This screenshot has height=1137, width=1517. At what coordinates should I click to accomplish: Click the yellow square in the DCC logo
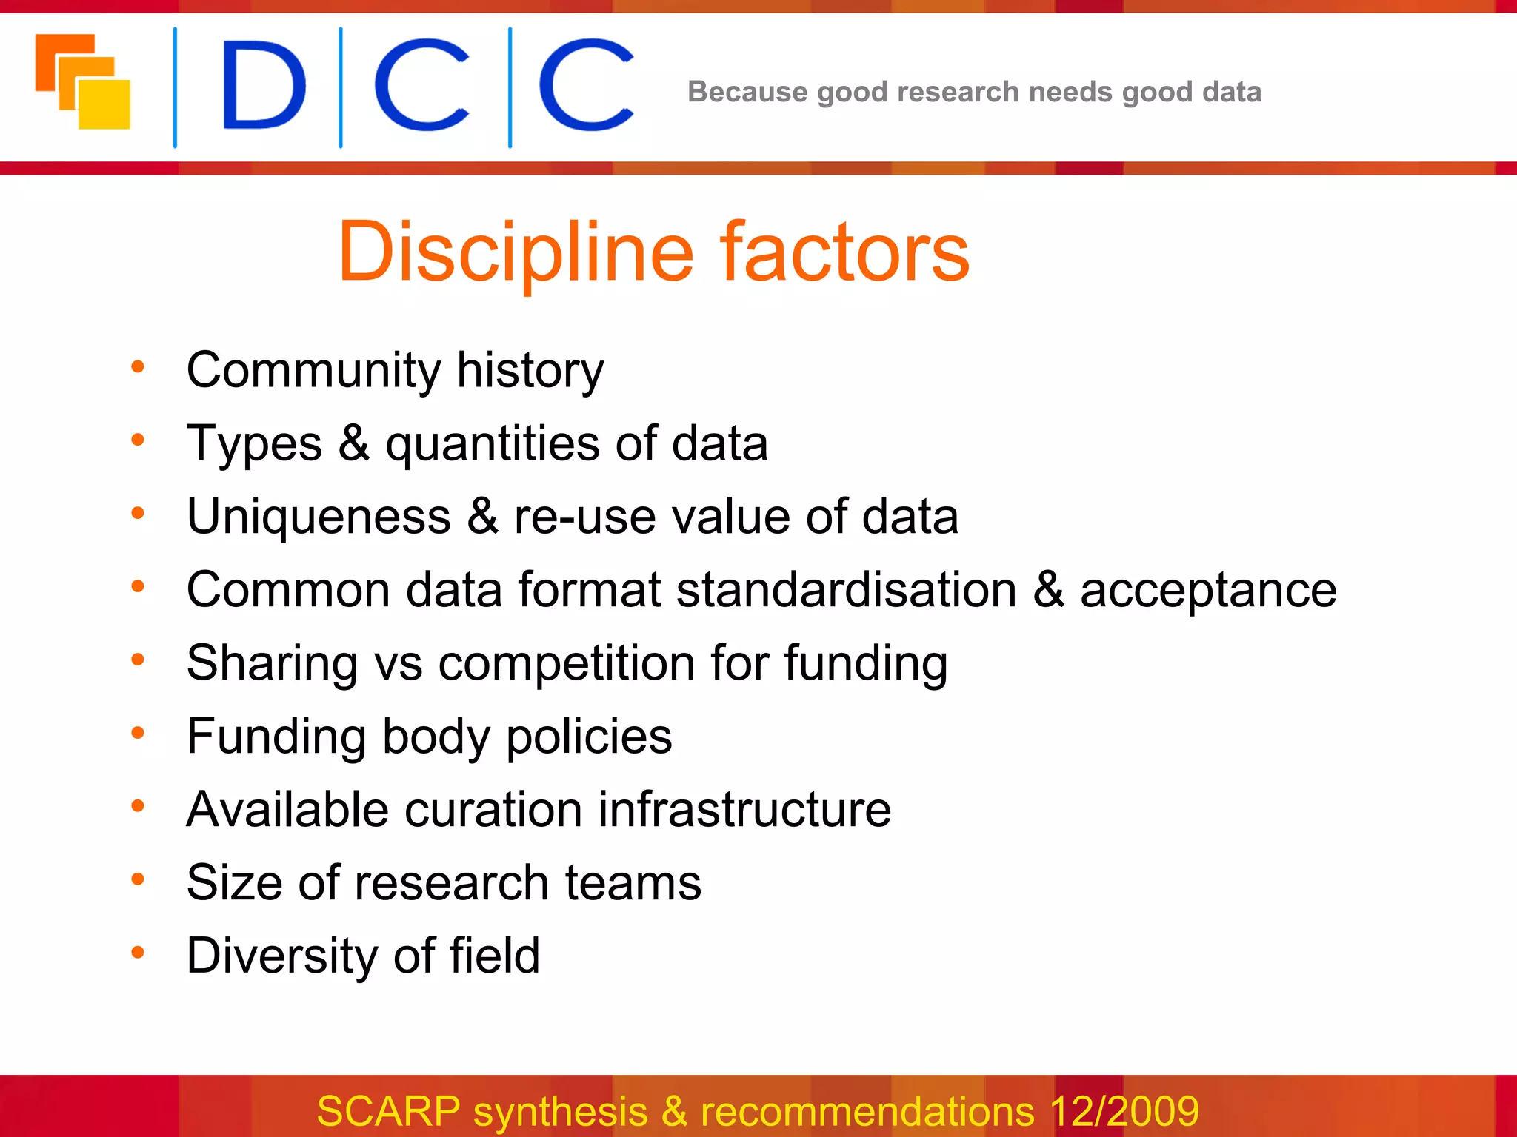tap(104, 104)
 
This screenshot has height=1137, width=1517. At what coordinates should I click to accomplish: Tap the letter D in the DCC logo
tap(262, 86)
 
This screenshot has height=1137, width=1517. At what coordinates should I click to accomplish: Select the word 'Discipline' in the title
tap(516, 252)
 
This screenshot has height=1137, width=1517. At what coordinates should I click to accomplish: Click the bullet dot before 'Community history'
tap(138, 366)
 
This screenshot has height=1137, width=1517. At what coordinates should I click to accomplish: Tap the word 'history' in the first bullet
tap(530, 369)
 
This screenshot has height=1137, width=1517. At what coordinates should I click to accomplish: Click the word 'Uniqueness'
tap(319, 516)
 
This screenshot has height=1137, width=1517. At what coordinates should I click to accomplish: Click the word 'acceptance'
tap(1208, 591)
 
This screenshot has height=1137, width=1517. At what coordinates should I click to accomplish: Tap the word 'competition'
tap(566, 663)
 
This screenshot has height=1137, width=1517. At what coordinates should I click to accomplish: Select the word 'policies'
tap(588, 737)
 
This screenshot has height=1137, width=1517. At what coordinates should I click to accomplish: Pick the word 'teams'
tap(633, 883)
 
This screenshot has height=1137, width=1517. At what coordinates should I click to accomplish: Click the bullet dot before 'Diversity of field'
tap(138, 952)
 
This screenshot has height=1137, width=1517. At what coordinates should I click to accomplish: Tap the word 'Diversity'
tap(281, 956)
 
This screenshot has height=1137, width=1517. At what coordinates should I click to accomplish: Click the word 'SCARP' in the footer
tap(389, 1111)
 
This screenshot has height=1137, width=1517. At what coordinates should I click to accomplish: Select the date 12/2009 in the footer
tap(1124, 1111)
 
